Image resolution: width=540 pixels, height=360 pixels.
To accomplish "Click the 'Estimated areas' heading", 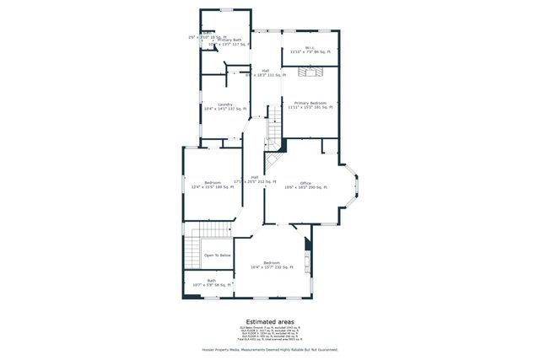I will click(270, 321).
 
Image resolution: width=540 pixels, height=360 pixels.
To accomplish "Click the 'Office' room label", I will click(305, 185).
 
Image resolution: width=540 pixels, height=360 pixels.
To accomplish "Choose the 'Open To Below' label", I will click(217, 255).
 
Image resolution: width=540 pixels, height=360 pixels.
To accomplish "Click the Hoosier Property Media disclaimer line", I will click(270, 349).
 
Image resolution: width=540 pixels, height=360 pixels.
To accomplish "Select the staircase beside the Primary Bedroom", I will click(274, 131).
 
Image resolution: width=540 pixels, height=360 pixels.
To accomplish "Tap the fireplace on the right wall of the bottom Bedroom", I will click(308, 253).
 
